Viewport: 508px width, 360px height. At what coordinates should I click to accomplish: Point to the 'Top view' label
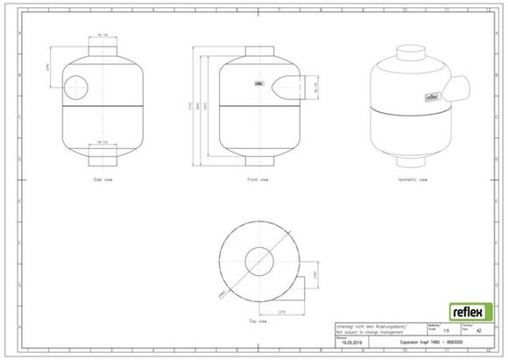pyautogui.click(x=258, y=321)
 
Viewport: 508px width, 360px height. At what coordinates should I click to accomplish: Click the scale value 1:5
pyautogui.click(x=447, y=331)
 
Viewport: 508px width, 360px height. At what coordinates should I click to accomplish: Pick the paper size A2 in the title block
pyautogui.click(x=477, y=332)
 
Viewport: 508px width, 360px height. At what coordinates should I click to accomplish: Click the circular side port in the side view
pyautogui.click(x=76, y=88)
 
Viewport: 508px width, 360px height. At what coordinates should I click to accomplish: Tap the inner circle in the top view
pyautogui.click(x=258, y=259)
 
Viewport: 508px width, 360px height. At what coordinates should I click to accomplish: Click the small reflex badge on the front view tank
pyautogui.click(x=259, y=85)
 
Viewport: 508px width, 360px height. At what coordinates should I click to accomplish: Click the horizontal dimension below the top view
pyautogui.click(x=283, y=311)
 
